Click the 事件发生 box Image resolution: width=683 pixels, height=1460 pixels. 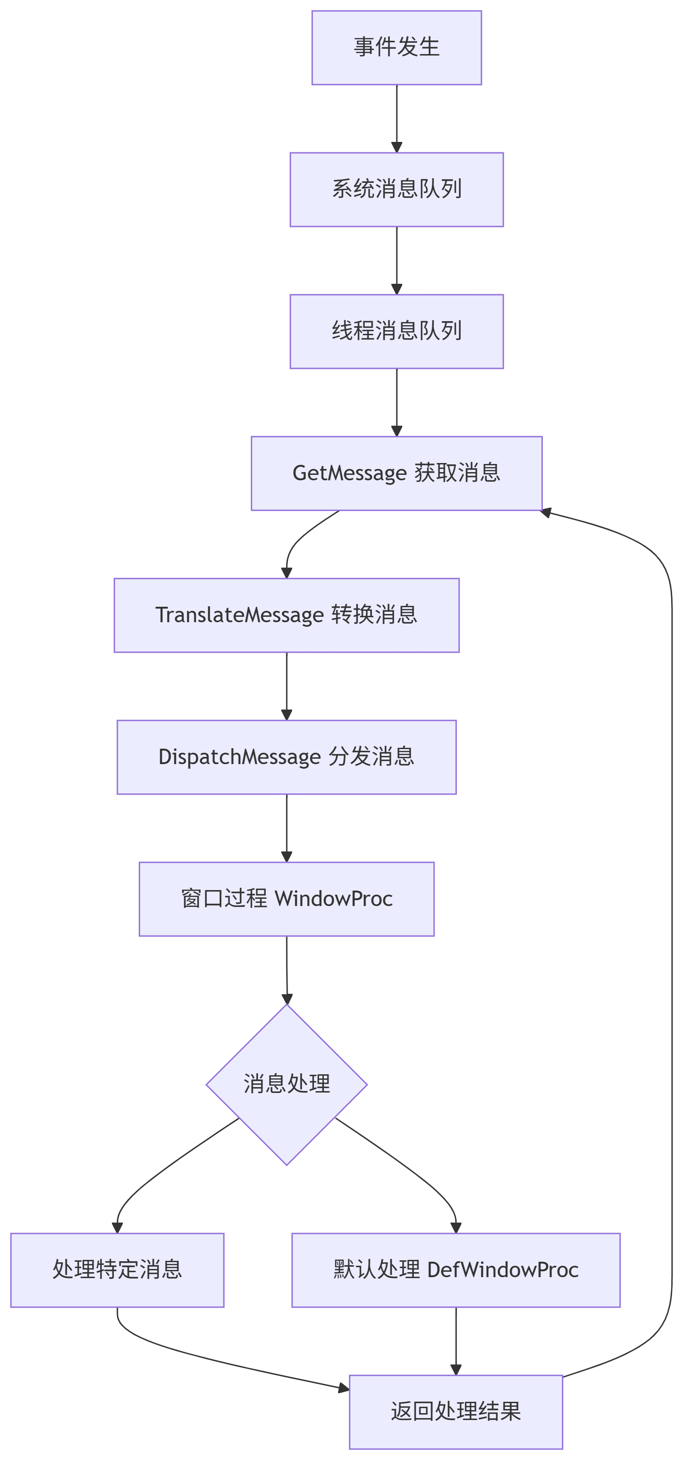[x=396, y=48]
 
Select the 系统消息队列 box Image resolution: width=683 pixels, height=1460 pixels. [x=396, y=189]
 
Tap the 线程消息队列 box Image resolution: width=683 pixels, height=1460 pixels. [x=396, y=331]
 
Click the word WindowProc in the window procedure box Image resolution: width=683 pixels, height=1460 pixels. [x=333, y=899]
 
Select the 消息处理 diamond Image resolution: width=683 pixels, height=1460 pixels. [x=286, y=1084]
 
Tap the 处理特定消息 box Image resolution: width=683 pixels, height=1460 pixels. [x=117, y=1269]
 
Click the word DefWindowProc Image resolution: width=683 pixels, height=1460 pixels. [x=502, y=1269]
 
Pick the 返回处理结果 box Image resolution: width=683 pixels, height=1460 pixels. [x=455, y=1411]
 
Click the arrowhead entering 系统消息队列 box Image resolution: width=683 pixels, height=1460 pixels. [x=396, y=147]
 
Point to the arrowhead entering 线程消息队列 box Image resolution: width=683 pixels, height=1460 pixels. [x=396, y=289]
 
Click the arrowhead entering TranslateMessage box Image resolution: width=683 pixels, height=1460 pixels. [x=286, y=573]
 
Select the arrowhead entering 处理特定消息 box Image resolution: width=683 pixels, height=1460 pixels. [x=117, y=1228]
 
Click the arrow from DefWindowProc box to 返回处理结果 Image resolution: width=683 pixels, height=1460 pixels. [x=455, y=1340]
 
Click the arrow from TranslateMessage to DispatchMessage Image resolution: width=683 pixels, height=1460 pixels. [x=286, y=686]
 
